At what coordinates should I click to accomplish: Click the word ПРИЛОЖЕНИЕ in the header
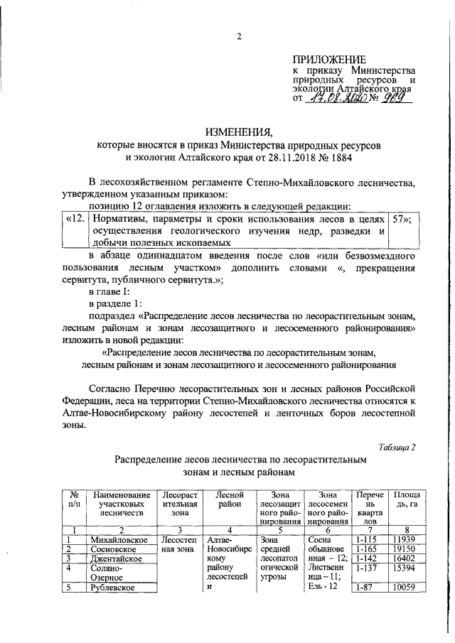pyautogui.click(x=331, y=60)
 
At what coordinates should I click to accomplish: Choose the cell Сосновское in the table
pyautogui.click(x=115, y=551)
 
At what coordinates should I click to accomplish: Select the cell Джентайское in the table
pyautogui.click(x=118, y=560)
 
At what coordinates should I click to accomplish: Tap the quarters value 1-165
pyautogui.click(x=368, y=551)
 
